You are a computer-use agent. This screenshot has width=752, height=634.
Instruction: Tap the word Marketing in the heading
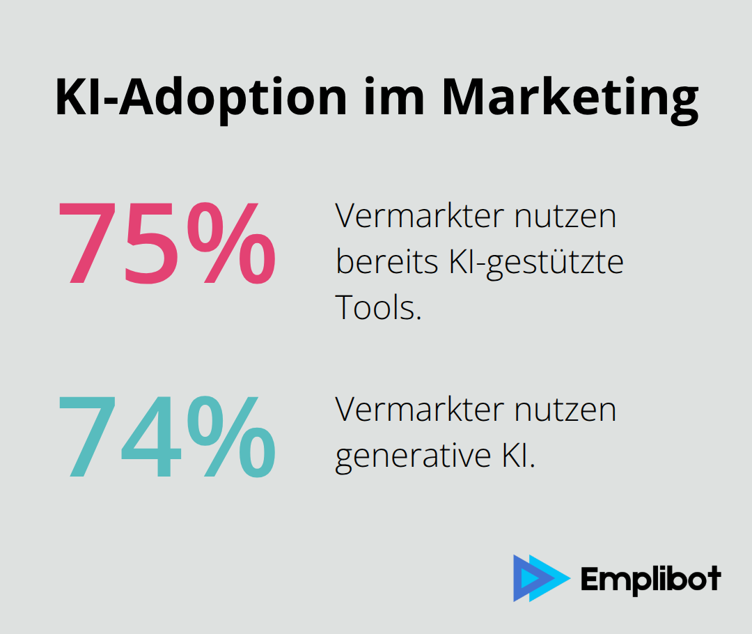[570, 97]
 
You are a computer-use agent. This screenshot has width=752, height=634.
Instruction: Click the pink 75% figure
[166, 243]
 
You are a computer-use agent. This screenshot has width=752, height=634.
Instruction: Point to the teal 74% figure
[166, 437]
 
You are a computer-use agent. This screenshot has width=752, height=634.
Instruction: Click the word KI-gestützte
[531, 263]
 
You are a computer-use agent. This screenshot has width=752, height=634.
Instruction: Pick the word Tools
[379, 307]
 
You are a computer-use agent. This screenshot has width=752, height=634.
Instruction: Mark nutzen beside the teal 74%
[565, 412]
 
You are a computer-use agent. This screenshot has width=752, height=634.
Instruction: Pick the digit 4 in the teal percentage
[142, 437]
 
